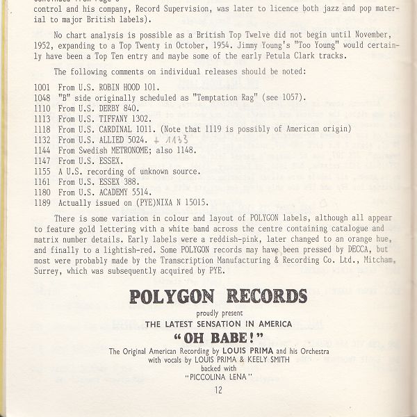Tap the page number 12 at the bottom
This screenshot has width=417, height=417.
(x=218, y=391)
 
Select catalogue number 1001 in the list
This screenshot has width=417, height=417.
(x=43, y=88)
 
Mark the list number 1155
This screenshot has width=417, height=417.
(x=43, y=171)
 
